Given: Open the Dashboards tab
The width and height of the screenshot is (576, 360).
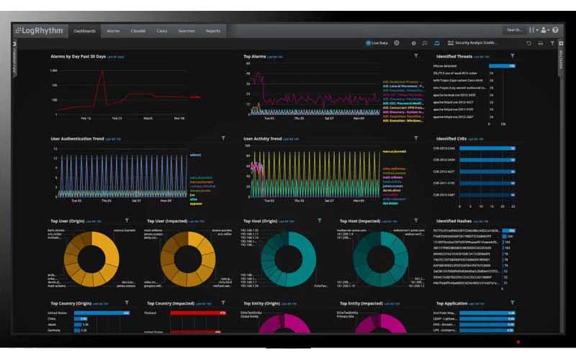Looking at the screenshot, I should pos(84,31).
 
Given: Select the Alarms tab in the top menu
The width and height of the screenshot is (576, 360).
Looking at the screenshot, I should pos(113,31).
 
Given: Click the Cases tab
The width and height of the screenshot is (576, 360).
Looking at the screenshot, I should pos(162,31).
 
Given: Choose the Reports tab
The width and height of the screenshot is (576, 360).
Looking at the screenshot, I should pos(213,31).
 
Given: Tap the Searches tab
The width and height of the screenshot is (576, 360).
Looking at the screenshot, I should pos(186,31).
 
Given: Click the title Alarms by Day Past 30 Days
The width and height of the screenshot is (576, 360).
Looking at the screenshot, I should pos(78,56).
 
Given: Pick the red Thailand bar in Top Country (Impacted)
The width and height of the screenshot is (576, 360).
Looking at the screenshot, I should pos(198,313).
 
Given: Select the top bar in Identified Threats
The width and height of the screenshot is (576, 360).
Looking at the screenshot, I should pos(502,66).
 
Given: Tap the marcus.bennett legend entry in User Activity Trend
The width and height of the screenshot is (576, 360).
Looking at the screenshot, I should pos(394,152).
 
